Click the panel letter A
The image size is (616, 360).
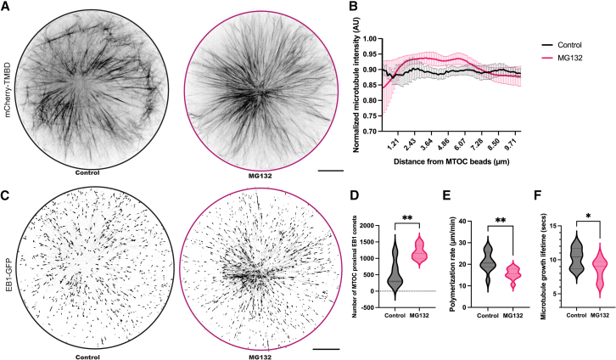(5, 6)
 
